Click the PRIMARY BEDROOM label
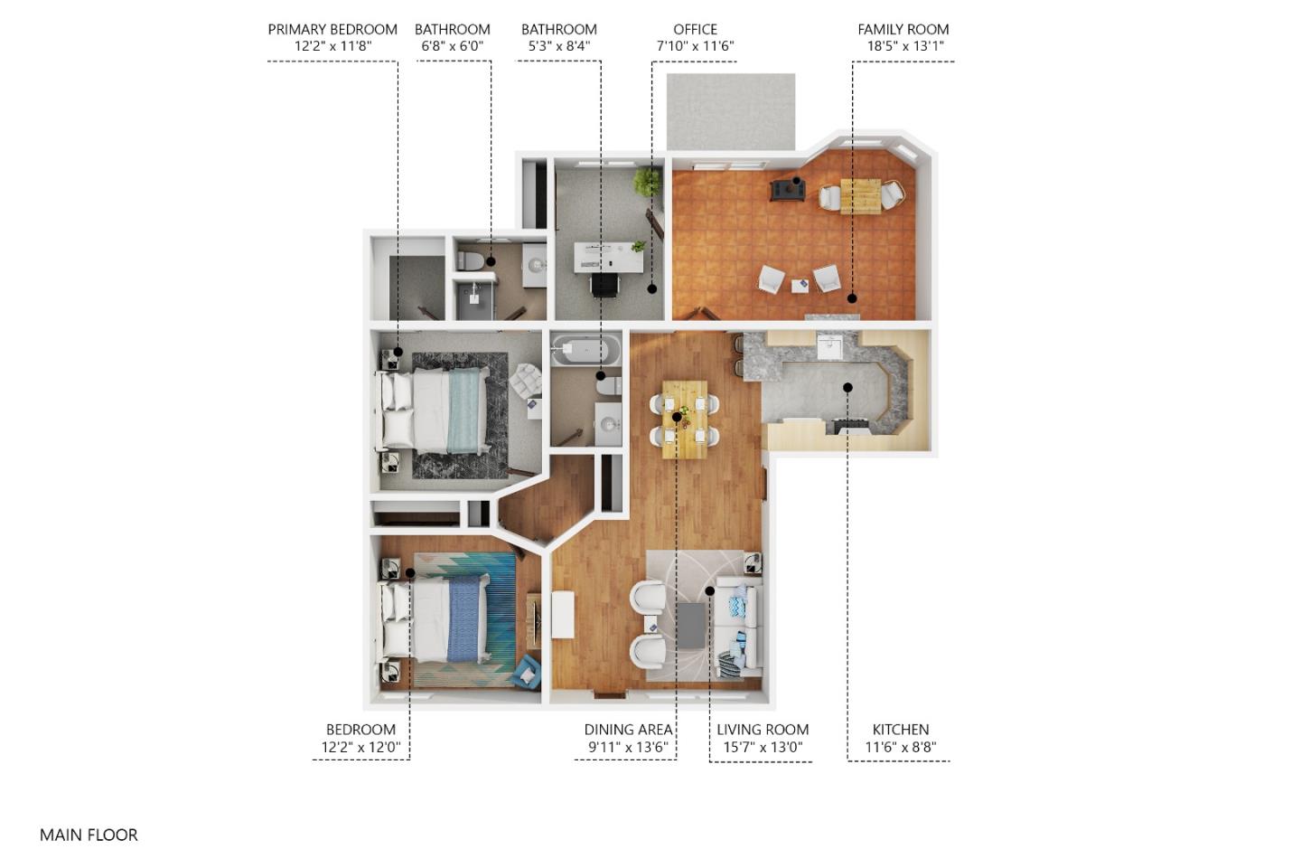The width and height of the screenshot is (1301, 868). pos(332,29)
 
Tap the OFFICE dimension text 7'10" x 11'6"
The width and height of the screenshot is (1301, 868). pos(695,46)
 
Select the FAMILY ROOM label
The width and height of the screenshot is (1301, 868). pos(903,29)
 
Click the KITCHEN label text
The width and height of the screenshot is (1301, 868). pos(900,730)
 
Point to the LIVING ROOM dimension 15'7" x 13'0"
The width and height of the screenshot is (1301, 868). pos(763,748)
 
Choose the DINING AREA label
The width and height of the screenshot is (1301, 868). pos(628,730)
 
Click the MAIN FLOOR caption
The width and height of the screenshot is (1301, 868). pos(89,835)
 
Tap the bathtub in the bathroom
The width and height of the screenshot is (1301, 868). pos(585,350)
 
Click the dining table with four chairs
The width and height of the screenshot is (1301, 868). pos(685,420)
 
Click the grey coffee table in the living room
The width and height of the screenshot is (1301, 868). pos(691,626)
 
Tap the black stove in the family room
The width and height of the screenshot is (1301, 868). pos(786,189)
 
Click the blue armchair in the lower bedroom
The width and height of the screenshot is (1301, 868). pos(526,672)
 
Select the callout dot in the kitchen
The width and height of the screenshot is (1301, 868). pos(847,388)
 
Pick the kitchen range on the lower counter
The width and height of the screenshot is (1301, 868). pos(853,426)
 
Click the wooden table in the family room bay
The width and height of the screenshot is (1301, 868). pos(860,196)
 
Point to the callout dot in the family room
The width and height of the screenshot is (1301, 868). pos(851,297)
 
